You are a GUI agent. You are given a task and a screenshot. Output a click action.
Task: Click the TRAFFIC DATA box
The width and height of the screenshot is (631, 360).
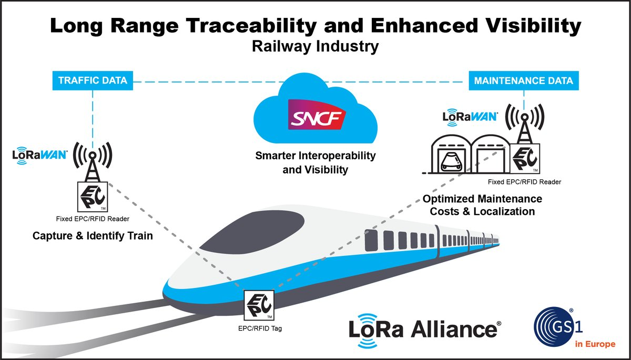pos(93,81)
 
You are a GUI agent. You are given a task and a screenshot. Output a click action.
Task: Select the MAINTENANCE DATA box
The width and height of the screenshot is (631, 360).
pos(523,81)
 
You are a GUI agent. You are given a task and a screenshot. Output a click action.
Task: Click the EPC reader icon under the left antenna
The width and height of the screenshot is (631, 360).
pos(93,197)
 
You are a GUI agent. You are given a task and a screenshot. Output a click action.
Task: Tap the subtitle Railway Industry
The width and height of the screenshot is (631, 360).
pos(315,47)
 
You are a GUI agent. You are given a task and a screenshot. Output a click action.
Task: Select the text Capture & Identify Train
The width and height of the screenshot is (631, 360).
pos(93,236)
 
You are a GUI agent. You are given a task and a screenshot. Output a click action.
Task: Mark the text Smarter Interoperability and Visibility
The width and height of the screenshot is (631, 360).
pos(315,162)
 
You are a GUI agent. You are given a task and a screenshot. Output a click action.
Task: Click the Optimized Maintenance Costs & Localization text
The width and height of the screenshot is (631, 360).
pos(482,205)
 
